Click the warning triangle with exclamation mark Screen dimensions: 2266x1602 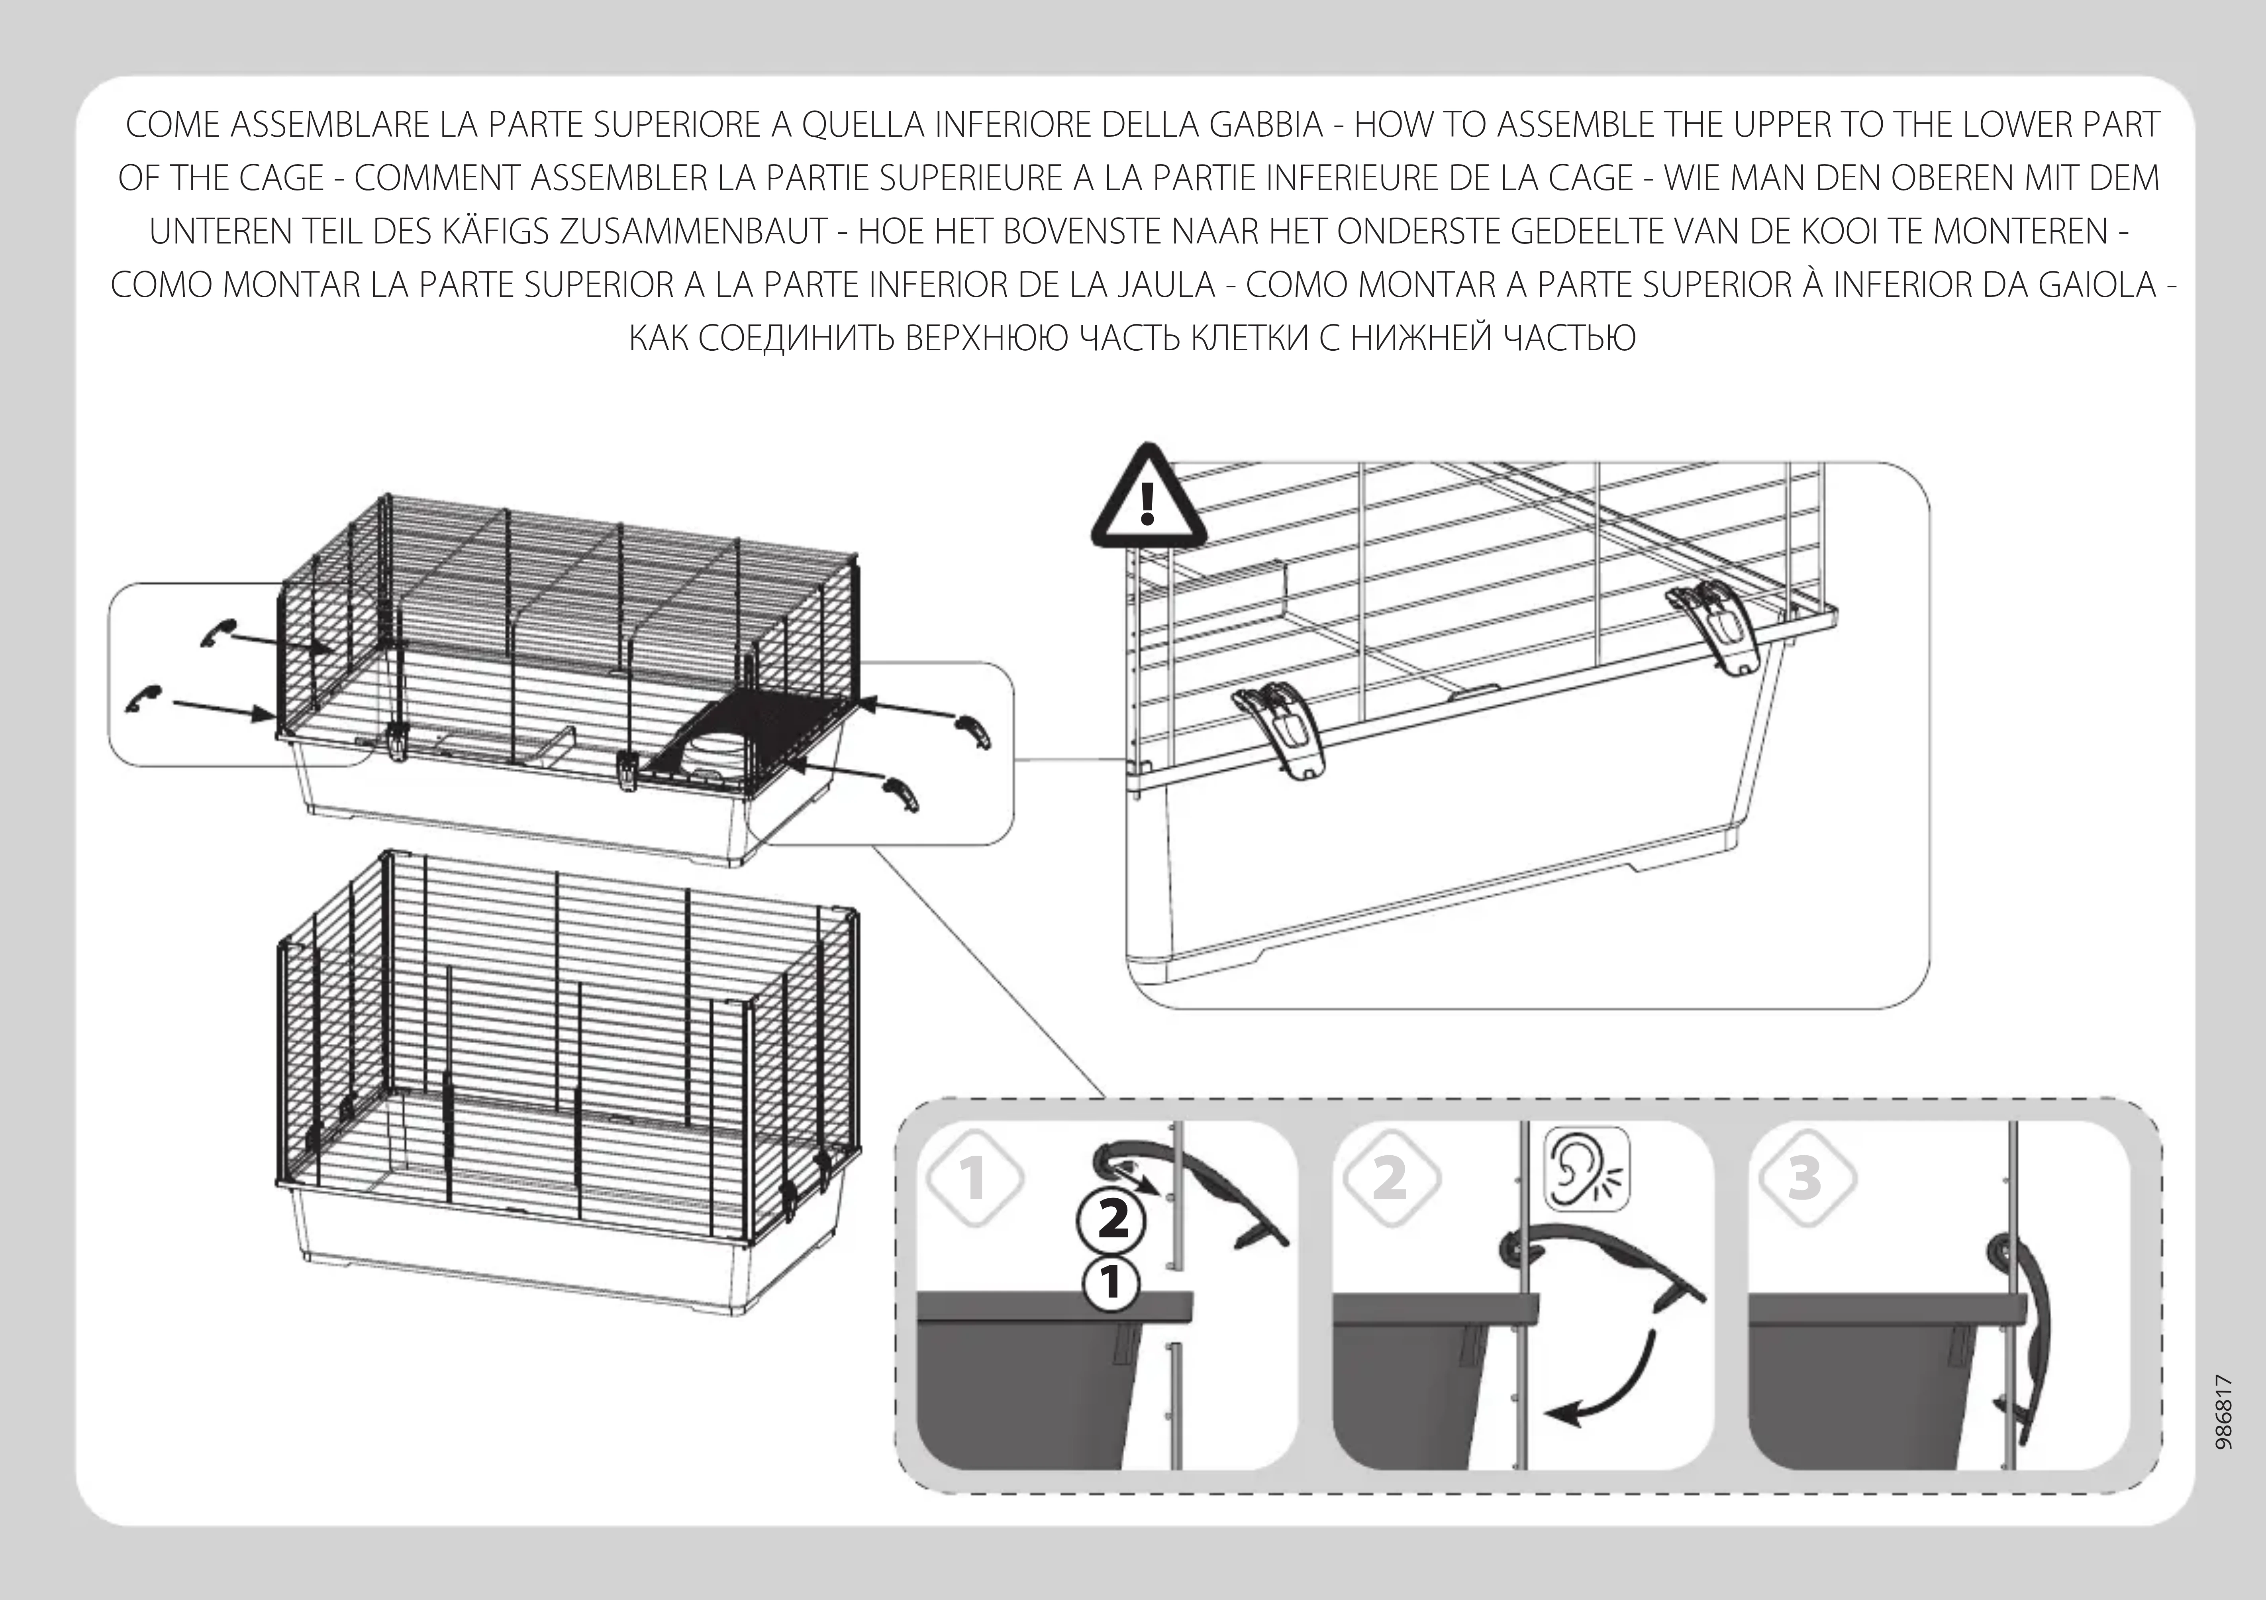(1148, 499)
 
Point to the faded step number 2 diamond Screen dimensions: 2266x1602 (1391, 1178)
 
